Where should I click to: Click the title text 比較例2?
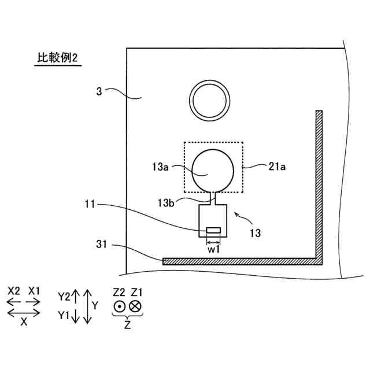tap(57, 59)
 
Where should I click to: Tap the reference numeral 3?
tap(99, 91)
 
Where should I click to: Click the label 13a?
tap(161, 167)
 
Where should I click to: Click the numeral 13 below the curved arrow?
tap(254, 234)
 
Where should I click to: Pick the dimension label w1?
tap(213, 249)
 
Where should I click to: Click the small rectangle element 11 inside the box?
tap(213, 231)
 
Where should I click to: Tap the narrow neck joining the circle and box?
tap(212, 198)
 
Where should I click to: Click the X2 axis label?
tap(14, 291)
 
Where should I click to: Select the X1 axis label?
tap(34, 291)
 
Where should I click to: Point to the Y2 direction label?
tap(64, 297)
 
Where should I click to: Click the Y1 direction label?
tap(64, 316)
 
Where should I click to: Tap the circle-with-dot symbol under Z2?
tap(119, 306)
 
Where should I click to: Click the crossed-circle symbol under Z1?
tap(136, 306)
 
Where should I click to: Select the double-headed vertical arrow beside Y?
tap(87, 306)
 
